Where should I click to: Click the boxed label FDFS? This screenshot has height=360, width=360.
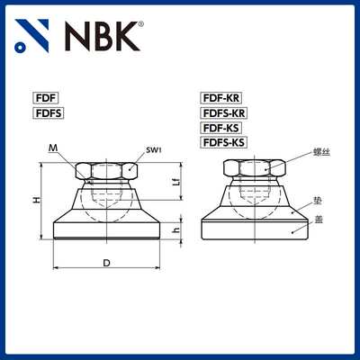(x=48, y=114)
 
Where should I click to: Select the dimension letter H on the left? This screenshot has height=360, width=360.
(x=36, y=202)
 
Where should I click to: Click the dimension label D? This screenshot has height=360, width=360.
(x=106, y=263)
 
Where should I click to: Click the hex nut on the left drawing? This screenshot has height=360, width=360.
(x=107, y=170)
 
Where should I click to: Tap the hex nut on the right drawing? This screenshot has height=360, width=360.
(x=253, y=167)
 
